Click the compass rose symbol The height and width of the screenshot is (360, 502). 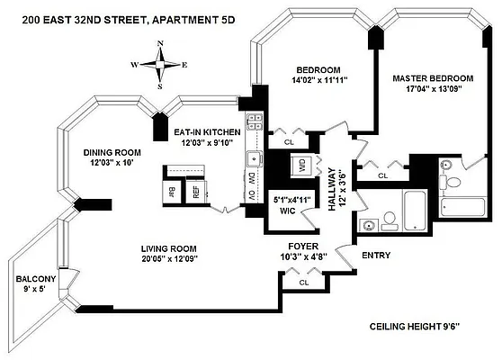160,65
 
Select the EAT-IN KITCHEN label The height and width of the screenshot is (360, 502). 206,132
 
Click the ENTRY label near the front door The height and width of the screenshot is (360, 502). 375,256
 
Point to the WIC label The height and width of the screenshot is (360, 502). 289,212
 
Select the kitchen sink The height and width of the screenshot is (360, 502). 254,160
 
